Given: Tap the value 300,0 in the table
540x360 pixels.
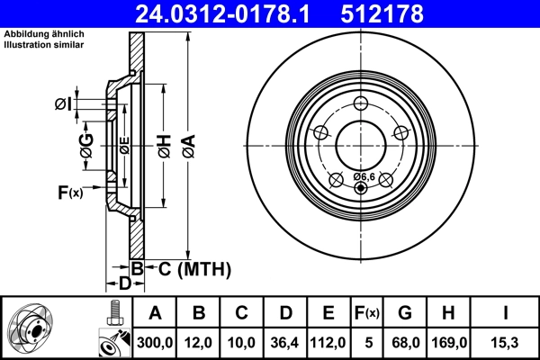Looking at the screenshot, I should pyautogui.click(x=155, y=341).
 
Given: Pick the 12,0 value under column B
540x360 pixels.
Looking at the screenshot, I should pyautogui.click(x=199, y=341).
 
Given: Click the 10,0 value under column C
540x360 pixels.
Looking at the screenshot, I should pyautogui.click(x=242, y=341).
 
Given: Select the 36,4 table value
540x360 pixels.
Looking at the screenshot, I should pyautogui.click(x=285, y=341).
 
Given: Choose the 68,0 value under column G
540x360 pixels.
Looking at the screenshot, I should pyautogui.click(x=406, y=341).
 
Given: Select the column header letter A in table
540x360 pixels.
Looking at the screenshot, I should pyautogui.click(x=155, y=313).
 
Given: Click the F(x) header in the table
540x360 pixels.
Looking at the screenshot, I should pyautogui.click(x=367, y=313).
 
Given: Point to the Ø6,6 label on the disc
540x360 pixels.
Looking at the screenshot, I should pyautogui.click(x=364, y=176).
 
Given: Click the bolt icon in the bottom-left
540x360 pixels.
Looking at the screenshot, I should pyautogui.click(x=112, y=316).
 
